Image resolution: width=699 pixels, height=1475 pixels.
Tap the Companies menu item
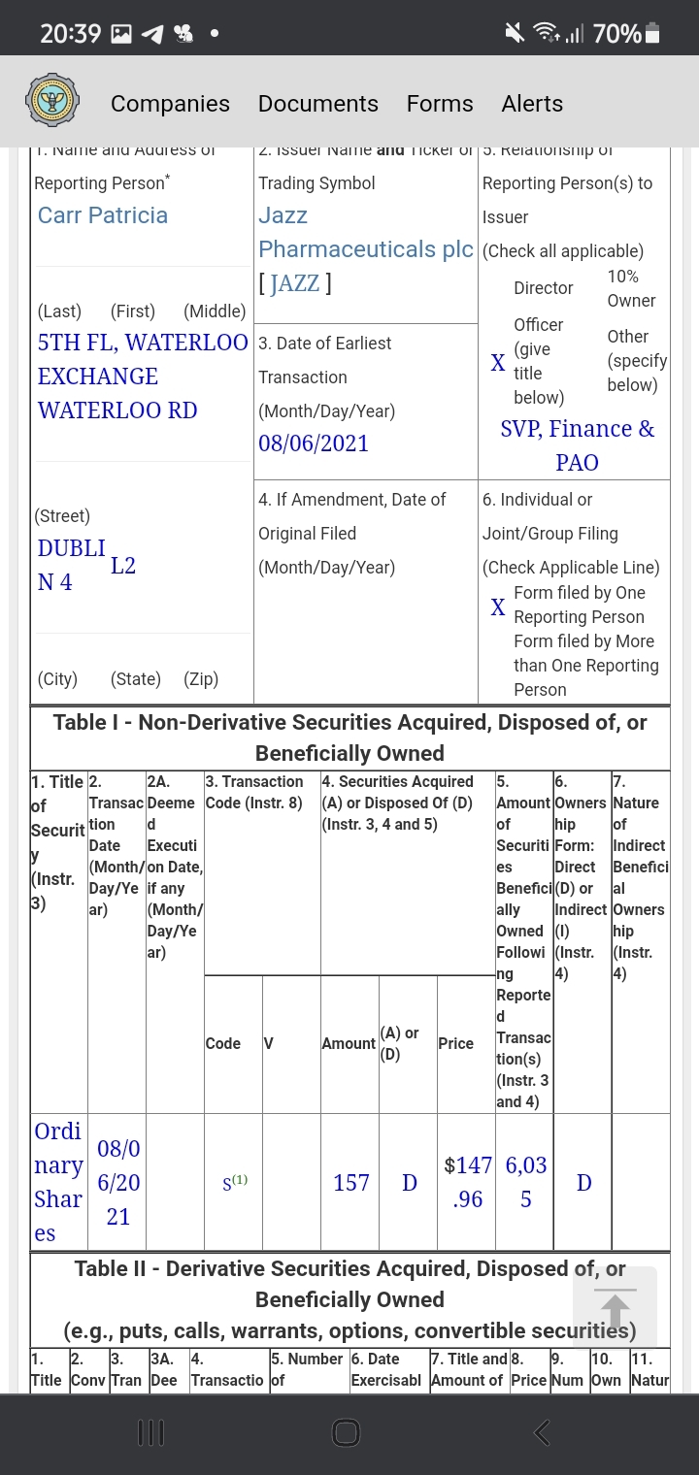tap(170, 104)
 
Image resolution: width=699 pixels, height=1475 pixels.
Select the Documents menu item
tap(317, 104)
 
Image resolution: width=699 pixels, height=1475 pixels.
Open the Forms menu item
tap(440, 104)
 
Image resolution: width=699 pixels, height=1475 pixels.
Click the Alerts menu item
tap(532, 104)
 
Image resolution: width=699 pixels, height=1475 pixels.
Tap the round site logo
tap(52, 102)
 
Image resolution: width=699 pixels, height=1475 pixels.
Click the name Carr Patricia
tap(103, 215)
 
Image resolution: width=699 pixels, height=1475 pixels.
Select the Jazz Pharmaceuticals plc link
tap(365, 233)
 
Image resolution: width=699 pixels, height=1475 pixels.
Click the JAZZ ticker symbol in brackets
tap(295, 283)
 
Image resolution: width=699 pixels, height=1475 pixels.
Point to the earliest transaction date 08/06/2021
tap(314, 443)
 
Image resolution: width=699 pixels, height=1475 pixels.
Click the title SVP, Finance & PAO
tap(577, 444)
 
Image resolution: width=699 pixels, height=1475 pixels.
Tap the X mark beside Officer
tap(497, 363)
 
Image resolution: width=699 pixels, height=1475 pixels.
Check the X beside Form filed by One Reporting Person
tap(497, 607)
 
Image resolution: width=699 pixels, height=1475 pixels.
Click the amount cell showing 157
tap(350, 1183)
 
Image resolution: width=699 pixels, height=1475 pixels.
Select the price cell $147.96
tap(467, 1182)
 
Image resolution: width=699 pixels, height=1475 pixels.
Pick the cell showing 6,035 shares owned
tap(525, 1182)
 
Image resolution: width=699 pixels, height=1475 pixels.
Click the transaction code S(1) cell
tap(234, 1183)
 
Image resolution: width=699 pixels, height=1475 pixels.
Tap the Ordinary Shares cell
tap(58, 1182)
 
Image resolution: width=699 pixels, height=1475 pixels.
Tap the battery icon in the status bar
tap(652, 34)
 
